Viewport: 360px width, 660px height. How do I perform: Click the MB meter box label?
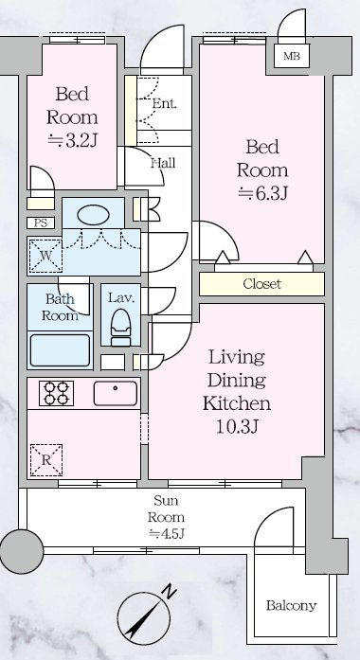tap(292, 56)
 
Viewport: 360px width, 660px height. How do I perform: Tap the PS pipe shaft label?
tap(41, 223)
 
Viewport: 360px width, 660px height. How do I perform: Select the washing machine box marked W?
tap(45, 255)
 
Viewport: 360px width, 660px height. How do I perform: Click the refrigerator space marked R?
tap(45, 460)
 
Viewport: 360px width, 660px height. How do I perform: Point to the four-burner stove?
tap(57, 393)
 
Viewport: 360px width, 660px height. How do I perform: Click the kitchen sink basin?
tap(116, 393)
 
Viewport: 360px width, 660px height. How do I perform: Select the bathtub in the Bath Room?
tap(61, 350)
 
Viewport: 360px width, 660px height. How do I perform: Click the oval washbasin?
tap(94, 214)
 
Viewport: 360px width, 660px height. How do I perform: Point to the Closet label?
tap(261, 284)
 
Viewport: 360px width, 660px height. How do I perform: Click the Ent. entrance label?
tap(164, 103)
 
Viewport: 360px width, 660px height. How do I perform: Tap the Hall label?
tap(163, 163)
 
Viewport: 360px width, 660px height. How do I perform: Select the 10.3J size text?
tap(237, 426)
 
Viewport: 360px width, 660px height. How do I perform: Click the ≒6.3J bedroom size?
tap(262, 193)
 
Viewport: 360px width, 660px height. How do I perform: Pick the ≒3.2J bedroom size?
tap(72, 140)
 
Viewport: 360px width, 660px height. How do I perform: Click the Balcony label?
tap(291, 606)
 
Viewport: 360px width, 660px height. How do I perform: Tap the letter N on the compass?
tap(170, 593)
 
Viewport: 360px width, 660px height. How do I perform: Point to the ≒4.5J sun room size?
tap(167, 533)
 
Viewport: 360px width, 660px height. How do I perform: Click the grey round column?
tap(22, 551)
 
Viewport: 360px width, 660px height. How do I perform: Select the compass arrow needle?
tap(144, 618)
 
